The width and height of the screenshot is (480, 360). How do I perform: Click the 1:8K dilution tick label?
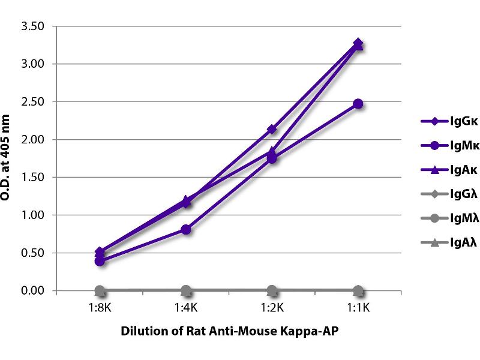[100, 309]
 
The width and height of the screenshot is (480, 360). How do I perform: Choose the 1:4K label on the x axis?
[186, 309]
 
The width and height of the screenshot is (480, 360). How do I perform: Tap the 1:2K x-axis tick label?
[272, 309]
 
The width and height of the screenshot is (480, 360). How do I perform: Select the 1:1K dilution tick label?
[358, 309]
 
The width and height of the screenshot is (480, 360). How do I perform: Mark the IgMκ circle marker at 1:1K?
[358, 104]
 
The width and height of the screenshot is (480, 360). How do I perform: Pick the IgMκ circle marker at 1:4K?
[186, 229]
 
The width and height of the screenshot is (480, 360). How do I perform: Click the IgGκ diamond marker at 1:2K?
[272, 129]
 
